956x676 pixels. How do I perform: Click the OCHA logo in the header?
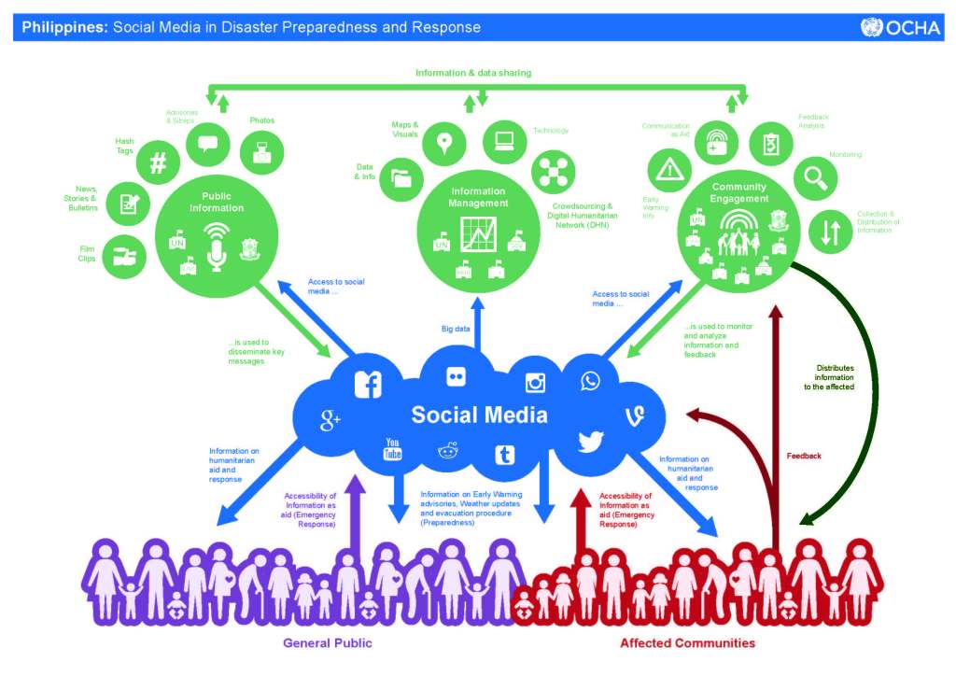[x=900, y=27]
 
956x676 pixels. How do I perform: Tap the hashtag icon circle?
[x=159, y=163]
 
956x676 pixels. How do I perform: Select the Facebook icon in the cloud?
[x=368, y=384]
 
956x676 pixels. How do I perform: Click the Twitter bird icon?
[x=591, y=441]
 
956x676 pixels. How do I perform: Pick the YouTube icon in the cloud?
[x=393, y=449]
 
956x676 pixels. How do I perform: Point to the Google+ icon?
[x=330, y=421]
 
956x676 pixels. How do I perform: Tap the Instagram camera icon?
[x=535, y=382]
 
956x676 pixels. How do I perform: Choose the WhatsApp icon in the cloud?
[x=591, y=381]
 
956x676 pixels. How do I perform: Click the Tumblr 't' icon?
[x=505, y=455]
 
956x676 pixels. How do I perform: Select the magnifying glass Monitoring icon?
[x=816, y=176]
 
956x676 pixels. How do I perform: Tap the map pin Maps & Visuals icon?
[x=444, y=143]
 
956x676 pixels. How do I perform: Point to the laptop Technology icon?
[x=505, y=141]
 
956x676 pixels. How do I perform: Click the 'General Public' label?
[x=327, y=643]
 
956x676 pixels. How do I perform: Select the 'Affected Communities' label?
[x=687, y=643]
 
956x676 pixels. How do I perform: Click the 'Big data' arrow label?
[x=456, y=329]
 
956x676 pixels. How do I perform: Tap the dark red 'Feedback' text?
[x=804, y=456]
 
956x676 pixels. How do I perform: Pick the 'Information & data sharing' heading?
[x=473, y=72]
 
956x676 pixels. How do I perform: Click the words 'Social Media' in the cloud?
[x=479, y=415]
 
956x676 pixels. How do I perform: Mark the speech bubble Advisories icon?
[x=207, y=143]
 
